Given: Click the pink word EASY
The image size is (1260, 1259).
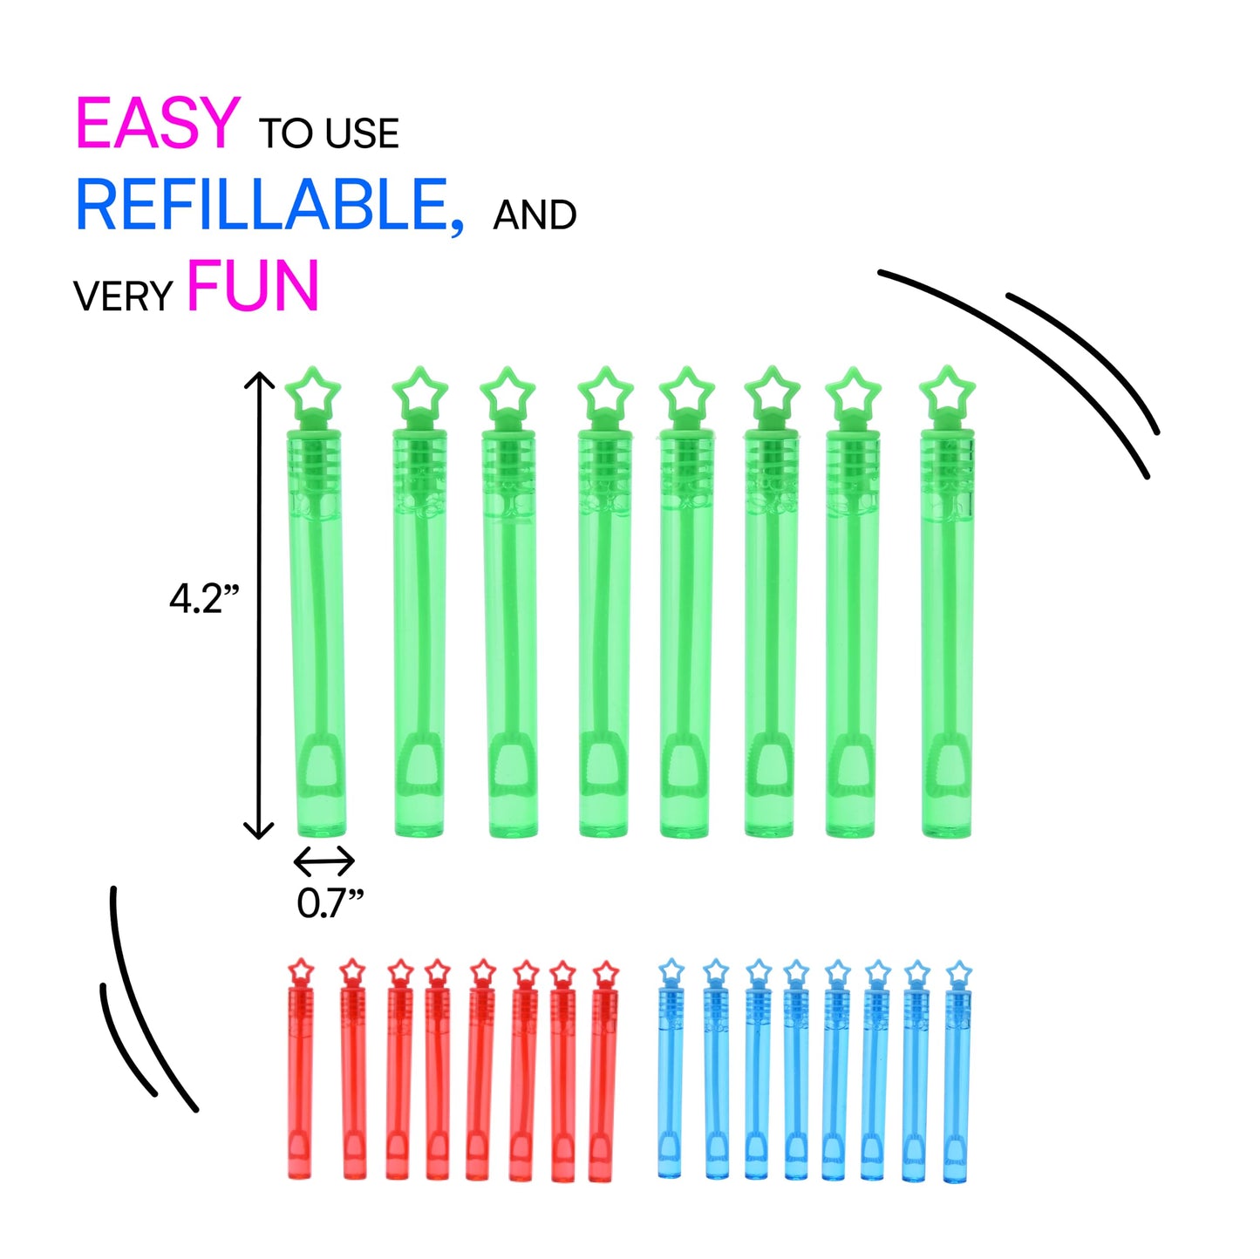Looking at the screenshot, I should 157,123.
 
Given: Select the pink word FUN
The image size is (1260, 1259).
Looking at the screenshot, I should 253,286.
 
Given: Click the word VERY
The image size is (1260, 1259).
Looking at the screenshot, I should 123,297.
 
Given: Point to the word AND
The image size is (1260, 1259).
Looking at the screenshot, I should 535,215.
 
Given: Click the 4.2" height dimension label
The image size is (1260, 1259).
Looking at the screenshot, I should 203,599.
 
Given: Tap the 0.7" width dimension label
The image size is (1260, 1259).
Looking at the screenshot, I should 330,903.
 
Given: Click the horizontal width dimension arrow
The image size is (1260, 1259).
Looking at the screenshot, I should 324,861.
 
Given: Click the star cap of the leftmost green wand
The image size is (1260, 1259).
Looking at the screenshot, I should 312,393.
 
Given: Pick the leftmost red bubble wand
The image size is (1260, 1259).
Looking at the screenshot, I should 299,1081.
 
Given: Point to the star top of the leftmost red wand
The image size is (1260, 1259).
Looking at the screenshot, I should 301,970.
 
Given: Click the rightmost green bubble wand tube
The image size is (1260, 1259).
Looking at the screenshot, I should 947,636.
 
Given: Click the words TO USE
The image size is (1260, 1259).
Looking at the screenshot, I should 329,134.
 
